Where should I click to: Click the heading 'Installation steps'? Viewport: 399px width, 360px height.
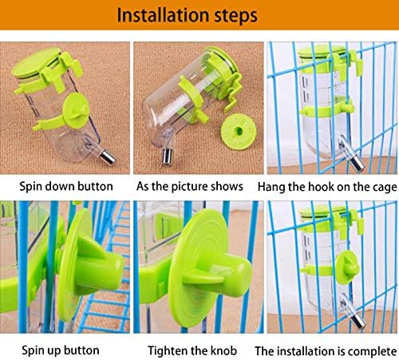[188, 15]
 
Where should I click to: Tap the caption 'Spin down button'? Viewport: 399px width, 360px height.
[66, 186]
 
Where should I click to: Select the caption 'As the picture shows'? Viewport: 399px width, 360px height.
[190, 187]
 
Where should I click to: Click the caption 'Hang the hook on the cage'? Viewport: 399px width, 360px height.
[327, 187]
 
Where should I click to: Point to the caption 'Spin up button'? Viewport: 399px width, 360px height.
[61, 350]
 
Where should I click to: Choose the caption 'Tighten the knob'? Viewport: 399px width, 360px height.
[192, 350]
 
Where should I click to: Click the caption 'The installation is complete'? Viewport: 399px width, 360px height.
[326, 351]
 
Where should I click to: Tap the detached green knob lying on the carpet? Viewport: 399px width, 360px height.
[239, 131]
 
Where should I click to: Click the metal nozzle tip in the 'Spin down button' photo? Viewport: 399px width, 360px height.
[107, 156]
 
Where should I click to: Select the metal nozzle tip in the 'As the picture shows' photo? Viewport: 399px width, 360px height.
[168, 156]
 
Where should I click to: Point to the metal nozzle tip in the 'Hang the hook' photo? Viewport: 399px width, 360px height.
[358, 163]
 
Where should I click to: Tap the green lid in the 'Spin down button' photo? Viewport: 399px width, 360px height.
[36, 62]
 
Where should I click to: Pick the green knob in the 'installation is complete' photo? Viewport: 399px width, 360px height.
[347, 267]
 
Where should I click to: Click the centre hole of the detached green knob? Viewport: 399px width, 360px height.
[239, 131]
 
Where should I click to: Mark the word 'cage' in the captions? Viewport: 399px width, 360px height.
[385, 188]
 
